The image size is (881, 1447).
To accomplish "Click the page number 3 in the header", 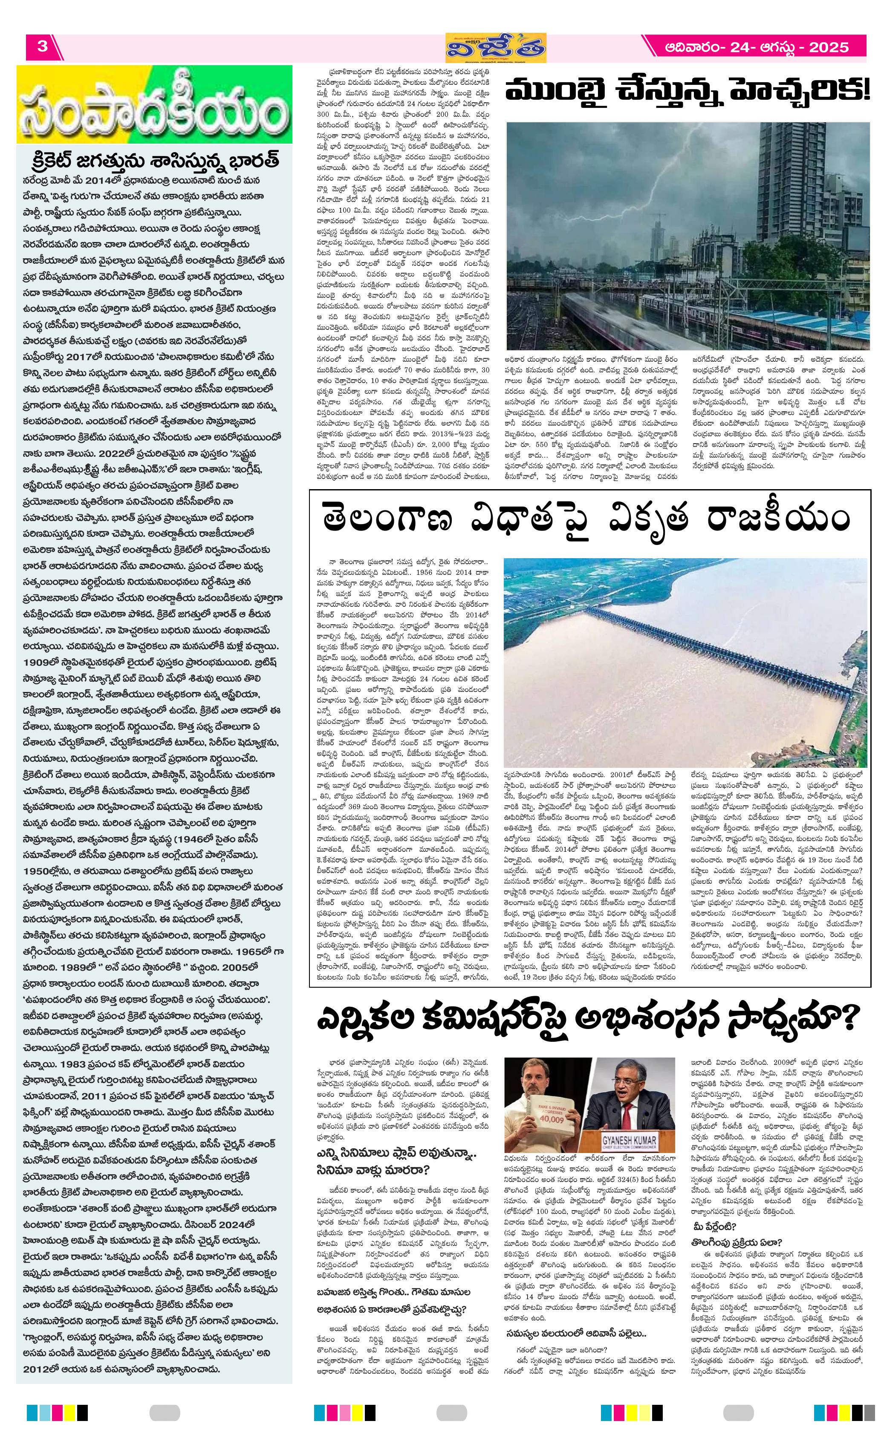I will point(42,47).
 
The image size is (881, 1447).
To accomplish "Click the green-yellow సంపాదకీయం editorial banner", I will point(154,104).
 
